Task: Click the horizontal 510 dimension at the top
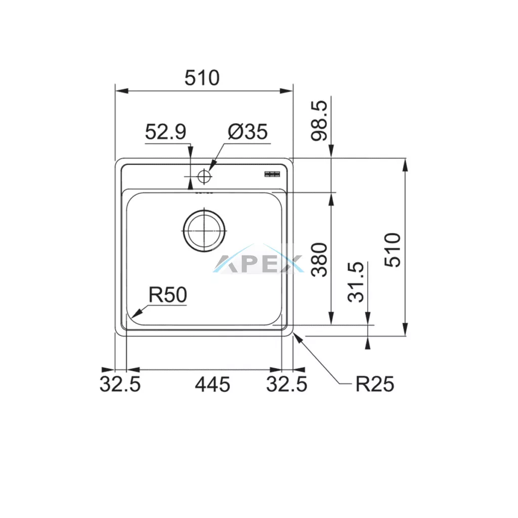(202, 78)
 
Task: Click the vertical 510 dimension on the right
(393, 250)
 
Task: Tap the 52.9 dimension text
(165, 132)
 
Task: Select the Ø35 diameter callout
(247, 132)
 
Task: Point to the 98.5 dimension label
(319, 120)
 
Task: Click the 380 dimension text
(320, 260)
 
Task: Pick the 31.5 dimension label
(356, 282)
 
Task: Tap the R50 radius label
(168, 295)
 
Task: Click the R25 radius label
(375, 384)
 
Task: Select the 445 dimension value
(212, 384)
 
